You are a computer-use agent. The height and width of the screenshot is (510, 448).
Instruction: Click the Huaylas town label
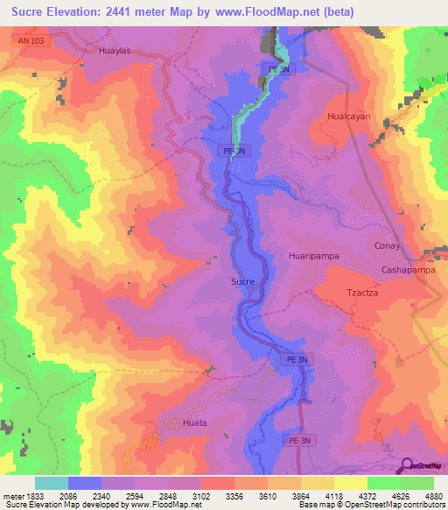[x=114, y=51]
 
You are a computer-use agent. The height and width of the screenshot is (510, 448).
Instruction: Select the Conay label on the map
[x=387, y=245]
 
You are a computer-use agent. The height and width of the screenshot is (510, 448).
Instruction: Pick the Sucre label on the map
[x=242, y=281]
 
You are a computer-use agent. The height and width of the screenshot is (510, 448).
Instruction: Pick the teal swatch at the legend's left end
[x=52, y=483]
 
